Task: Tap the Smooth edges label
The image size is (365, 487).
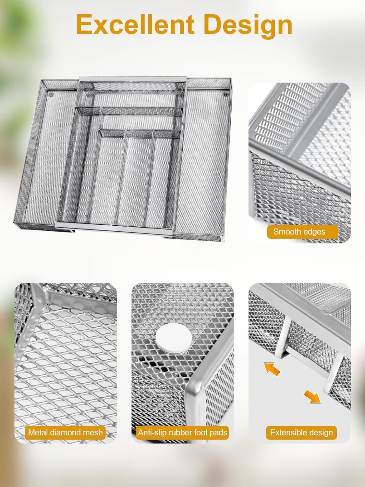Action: click(x=299, y=232)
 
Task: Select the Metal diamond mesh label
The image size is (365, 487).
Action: click(x=65, y=432)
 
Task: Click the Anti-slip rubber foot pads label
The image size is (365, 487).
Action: click(x=182, y=432)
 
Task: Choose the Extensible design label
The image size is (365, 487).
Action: click(x=301, y=432)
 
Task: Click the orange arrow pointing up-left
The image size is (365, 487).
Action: click(x=272, y=369)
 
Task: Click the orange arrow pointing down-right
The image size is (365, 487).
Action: click(x=312, y=396)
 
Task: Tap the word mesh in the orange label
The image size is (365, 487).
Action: click(x=93, y=432)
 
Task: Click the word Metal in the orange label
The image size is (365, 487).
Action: click(x=37, y=432)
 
